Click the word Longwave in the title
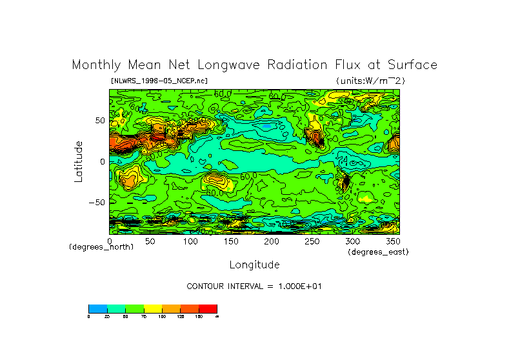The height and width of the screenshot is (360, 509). pyautogui.click(x=223, y=65)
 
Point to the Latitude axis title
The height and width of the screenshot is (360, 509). pyautogui.click(x=79, y=161)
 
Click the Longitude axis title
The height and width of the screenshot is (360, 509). pyautogui.click(x=254, y=265)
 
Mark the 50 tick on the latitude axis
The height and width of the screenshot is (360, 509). pyautogui.click(x=100, y=121)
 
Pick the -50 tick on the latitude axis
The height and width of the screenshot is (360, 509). pyautogui.click(x=97, y=202)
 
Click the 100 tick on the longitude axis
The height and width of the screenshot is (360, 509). pyautogui.click(x=190, y=241)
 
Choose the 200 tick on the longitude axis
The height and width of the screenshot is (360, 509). pyautogui.click(x=271, y=241)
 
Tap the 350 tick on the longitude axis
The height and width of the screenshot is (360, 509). pyautogui.click(x=392, y=241)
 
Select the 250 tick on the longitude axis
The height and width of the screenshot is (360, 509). pyautogui.click(x=312, y=241)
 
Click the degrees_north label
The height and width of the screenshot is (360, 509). pyautogui.click(x=101, y=247)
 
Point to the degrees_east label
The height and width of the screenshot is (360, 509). pyautogui.click(x=378, y=252)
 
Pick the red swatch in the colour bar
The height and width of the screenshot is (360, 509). pyautogui.click(x=208, y=308)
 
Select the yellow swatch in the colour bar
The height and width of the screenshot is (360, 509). pyautogui.click(x=153, y=308)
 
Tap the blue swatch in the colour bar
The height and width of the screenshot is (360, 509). pyautogui.click(x=97, y=308)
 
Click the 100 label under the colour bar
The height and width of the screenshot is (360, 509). pyautogui.click(x=162, y=317)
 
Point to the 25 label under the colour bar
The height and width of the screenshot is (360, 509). pyautogui.click(x=106, y=317)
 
